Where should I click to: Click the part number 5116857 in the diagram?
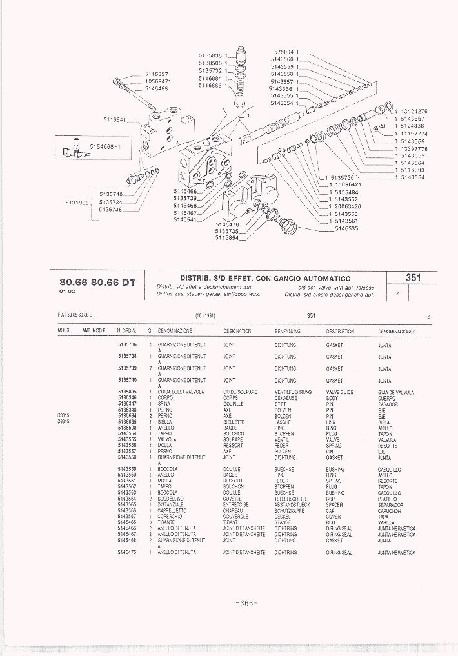click(156, 74)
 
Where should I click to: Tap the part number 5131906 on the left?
click(77, 202)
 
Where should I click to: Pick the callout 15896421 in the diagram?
click(347, 185)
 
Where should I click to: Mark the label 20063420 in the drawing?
click(347, 206)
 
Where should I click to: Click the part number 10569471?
click(157, 82)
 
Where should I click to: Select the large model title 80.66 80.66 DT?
click(97, 282)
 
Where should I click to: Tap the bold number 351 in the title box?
click(413, 278)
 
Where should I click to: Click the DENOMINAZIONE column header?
click(176, 332)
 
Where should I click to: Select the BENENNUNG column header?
click(287, 332)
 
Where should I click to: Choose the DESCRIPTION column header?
click(340, 332)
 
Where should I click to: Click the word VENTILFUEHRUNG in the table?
click(293, 392)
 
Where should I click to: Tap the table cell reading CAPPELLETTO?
click(172, 511)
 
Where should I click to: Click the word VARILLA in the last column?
click(386, 522)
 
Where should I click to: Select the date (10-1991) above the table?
click(205, 316)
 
